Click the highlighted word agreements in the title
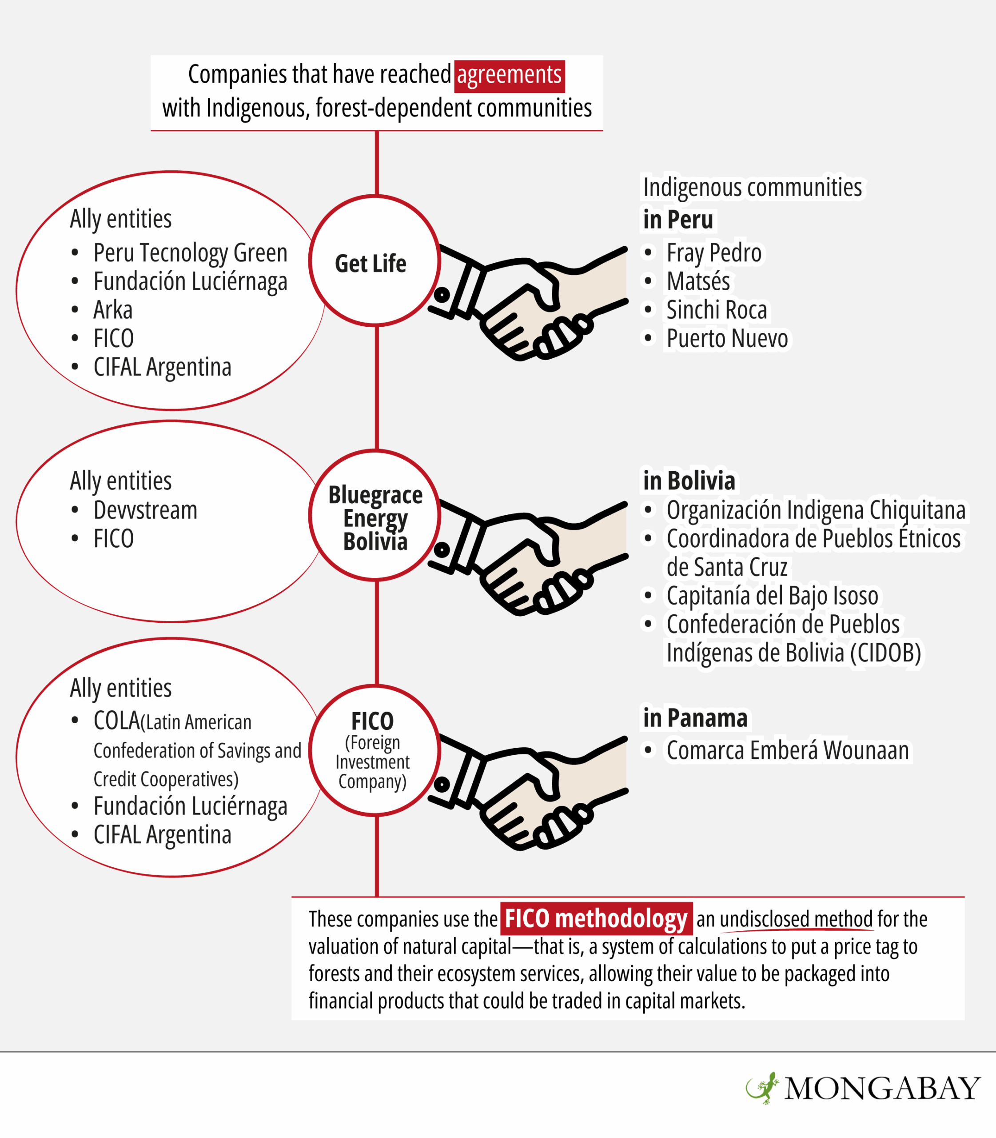coord(510,76)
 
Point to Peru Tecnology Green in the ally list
coord(190,253)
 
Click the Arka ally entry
coord(113,310)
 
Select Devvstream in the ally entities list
coord(145,510)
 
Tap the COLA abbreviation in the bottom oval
coord(117,721)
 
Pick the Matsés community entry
coord(698,281)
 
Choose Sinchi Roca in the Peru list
coord(717,310)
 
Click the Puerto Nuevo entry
coord(727,338)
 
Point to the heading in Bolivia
coord(689,481)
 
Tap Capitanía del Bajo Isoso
coord(772,596)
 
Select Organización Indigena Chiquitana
coord(816,510)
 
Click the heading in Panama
coord(695,718)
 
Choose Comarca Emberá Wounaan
coord(788,750)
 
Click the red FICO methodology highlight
coord(596,918)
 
